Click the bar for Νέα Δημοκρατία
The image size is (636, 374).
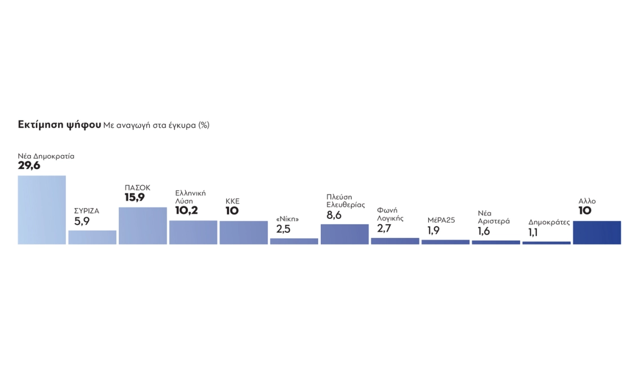tap(42, 210)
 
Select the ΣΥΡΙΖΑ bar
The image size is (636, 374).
tap(92, 237)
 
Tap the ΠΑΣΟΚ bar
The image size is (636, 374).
tap(142, 226)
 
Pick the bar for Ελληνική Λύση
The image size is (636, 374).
tap(193, 232)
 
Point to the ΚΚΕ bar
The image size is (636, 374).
tap(243, 232)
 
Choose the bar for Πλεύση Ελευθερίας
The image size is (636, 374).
tap(344, 234)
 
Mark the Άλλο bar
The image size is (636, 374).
tap(597, 232)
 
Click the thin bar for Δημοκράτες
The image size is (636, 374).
tap(546, 243)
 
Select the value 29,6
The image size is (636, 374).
tap(29, 165)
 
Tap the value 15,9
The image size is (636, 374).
tap(135, 197)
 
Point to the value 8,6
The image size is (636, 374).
tap(334, 215)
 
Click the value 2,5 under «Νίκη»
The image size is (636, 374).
tap(283, 229)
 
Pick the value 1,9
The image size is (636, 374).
tap(433, 230)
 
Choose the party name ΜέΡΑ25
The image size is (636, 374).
tap(441, 220)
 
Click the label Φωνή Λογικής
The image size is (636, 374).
tap(390, 214)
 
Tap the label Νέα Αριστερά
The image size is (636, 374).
tap(494, 217)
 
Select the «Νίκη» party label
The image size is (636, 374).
tap(287, 219)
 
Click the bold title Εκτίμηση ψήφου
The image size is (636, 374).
tap(59, 125)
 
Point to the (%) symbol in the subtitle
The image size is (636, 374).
tap(203, 125)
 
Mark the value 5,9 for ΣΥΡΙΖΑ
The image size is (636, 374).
tap(82, 222)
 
